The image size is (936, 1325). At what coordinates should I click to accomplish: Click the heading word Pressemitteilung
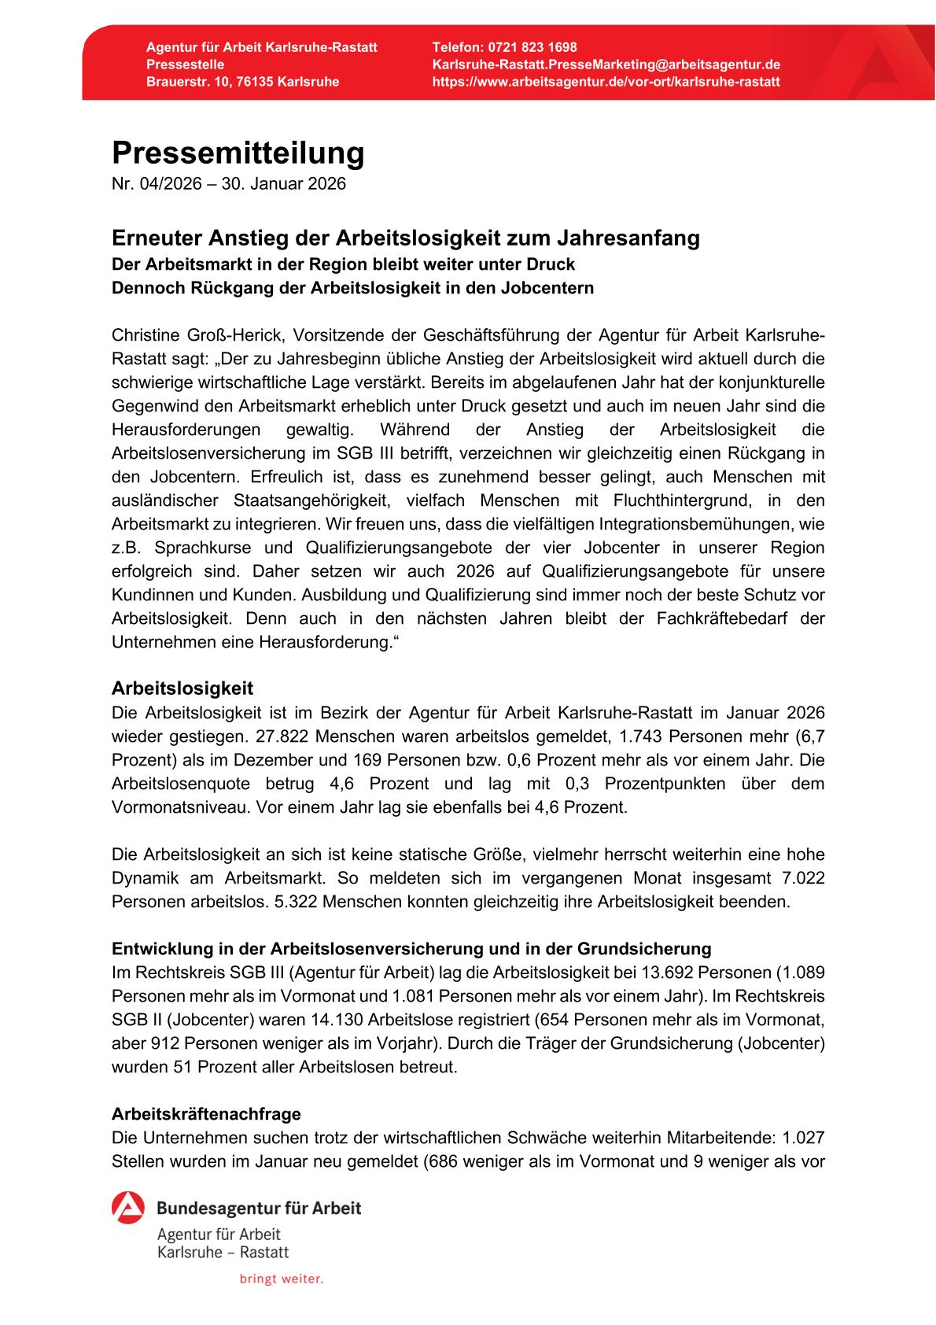coord(238,153)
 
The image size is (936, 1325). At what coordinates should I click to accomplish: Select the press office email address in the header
coord(606,65)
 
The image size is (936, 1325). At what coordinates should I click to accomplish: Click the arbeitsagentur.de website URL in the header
coord(606,82)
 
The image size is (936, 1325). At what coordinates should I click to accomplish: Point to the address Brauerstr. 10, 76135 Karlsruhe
coord(242,82)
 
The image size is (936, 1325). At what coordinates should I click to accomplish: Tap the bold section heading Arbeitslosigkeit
coord(182,688)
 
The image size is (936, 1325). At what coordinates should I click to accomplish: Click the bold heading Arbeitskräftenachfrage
coord(206,1114)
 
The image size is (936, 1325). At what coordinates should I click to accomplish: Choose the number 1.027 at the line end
coord(803,1138)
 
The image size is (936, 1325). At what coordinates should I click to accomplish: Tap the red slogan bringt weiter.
coord(282,1279)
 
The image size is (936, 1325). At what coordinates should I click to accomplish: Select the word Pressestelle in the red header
coord(185,65)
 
